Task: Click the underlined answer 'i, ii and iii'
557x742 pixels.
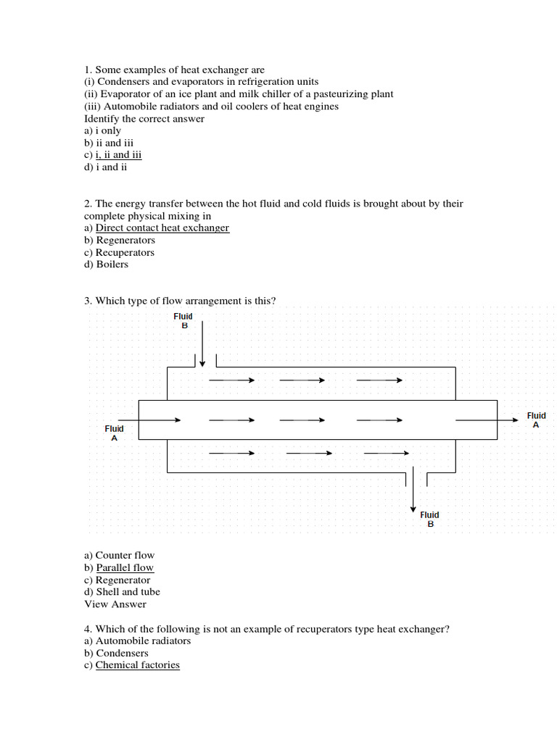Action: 118,155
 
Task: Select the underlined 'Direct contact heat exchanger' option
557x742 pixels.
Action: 162,228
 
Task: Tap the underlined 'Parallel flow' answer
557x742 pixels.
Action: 125,568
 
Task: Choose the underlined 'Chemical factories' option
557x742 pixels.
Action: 137,665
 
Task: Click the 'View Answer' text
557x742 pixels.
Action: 115,604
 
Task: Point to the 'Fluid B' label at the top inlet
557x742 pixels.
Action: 183,321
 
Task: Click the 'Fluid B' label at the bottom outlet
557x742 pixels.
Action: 430,520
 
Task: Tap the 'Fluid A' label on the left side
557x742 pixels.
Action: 114,433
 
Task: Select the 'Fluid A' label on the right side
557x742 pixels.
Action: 536,420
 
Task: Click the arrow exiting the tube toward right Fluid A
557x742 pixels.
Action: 486,420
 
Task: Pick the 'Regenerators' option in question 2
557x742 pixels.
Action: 125,241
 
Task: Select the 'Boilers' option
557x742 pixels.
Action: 112,264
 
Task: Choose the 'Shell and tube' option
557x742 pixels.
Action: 128,592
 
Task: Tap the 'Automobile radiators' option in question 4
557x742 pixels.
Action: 143,641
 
